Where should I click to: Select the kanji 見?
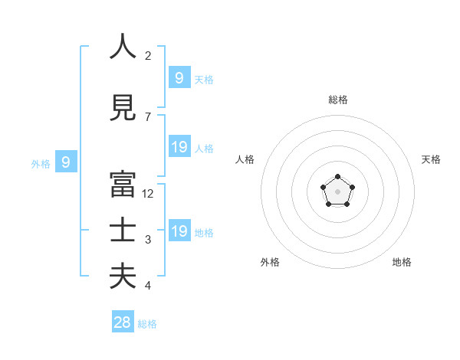pyautogui.click(x=123, y=108)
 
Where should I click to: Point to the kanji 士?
pyautogui.click(x=123, y=231)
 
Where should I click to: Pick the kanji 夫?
pyautogui.click(x=123, y=277)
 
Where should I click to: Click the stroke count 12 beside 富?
pyautogui.click(x=148, y=194)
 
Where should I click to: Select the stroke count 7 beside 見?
pyautogui.click(x=148, y=116)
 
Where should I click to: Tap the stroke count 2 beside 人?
pyautogui.click(x=148, y=55)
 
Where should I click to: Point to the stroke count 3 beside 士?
pyautogui.click(x=148, y=240)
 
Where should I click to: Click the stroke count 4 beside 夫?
pyautogui.click(x=148, y=286)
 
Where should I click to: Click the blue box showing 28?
pyautogui.click(x=123, y=322)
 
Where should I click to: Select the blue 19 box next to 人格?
pyautogui.click(x=179, y=147)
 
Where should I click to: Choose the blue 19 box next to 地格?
pyautogui.click(x=179, y=231)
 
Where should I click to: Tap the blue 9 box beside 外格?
pyautogui.click(x=66, y=162)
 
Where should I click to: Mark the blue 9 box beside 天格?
pyautogui.click(x=179, y=77)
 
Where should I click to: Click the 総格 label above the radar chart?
pyautogui.click(x=338, y=100)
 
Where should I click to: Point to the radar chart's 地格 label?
pyautogui.click(x=402, y=262)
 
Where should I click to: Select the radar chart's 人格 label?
pyautogui.click(x=245, y=159)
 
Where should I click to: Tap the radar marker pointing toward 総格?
pyautogui.click(x=338, y=177)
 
